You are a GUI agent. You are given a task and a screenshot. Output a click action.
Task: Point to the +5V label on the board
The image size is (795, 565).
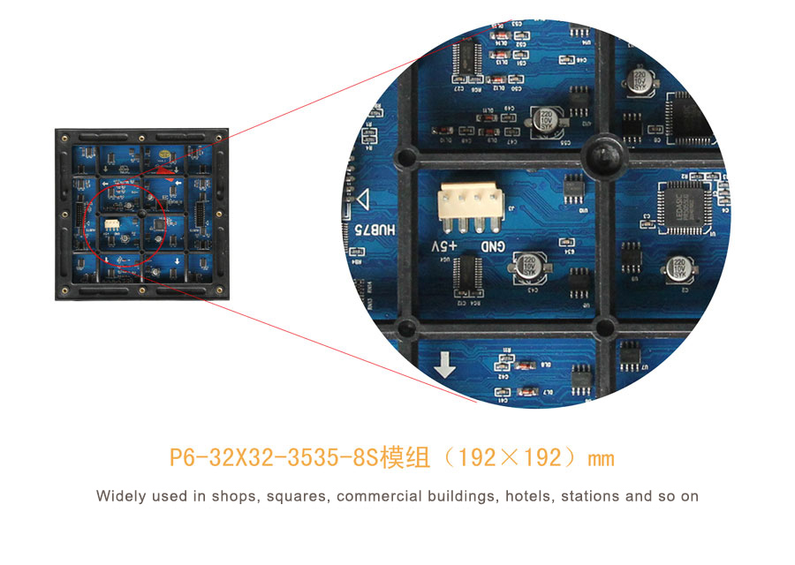click(x=445, y=245)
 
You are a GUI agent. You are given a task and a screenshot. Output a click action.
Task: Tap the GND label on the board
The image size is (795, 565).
click(x=494, y=246)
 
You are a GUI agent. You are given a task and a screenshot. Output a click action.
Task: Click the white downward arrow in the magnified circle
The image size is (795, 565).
click(x=445, y=365)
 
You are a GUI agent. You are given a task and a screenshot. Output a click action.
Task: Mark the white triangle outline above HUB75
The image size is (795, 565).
click(x=361, y=198)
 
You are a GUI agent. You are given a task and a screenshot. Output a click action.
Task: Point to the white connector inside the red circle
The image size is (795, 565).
click(x=112, y=224)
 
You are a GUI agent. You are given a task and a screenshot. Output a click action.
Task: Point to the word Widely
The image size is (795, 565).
click(x=121, y=496)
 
